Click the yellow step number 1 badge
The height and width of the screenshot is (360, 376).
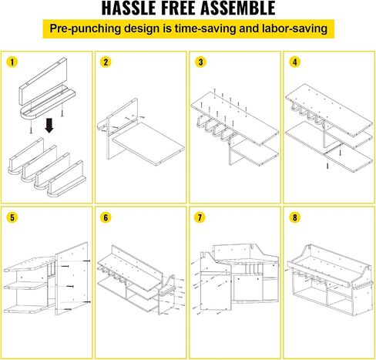coord(12,62)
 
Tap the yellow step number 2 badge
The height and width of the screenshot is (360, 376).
coord(106,62)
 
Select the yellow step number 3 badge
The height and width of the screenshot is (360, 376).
coord(200,62)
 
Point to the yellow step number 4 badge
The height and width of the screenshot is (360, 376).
coord(294,62)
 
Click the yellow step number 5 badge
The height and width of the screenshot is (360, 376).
coord(12,217)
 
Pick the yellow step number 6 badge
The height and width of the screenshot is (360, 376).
coord(106,217)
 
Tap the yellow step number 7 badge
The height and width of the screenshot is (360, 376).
coord(200,217)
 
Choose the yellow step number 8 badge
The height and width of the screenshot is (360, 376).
coord(294,217)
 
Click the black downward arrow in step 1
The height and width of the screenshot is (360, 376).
coord(49,126)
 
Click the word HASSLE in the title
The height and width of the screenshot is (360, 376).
coord(129,8)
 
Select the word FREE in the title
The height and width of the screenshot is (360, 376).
coord(178,8)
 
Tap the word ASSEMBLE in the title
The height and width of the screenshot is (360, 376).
coord(238,8)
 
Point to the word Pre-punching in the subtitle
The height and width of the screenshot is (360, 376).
coord(85,29)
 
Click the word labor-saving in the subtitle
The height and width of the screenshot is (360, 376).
coord(294,29)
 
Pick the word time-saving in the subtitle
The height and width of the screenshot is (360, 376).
coord(206,29)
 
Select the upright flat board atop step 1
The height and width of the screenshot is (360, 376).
coord(43,82)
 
